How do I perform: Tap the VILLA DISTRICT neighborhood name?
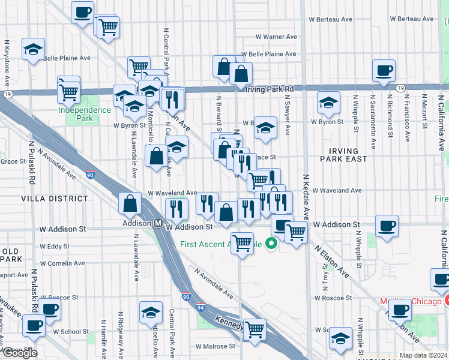47,198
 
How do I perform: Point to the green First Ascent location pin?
271,243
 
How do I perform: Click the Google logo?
20,353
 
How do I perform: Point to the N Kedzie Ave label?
306,197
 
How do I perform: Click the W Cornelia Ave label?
62,263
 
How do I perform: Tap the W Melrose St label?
218,346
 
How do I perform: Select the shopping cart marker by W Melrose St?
255,329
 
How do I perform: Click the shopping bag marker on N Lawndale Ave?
130,204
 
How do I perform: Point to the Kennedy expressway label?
228,322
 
